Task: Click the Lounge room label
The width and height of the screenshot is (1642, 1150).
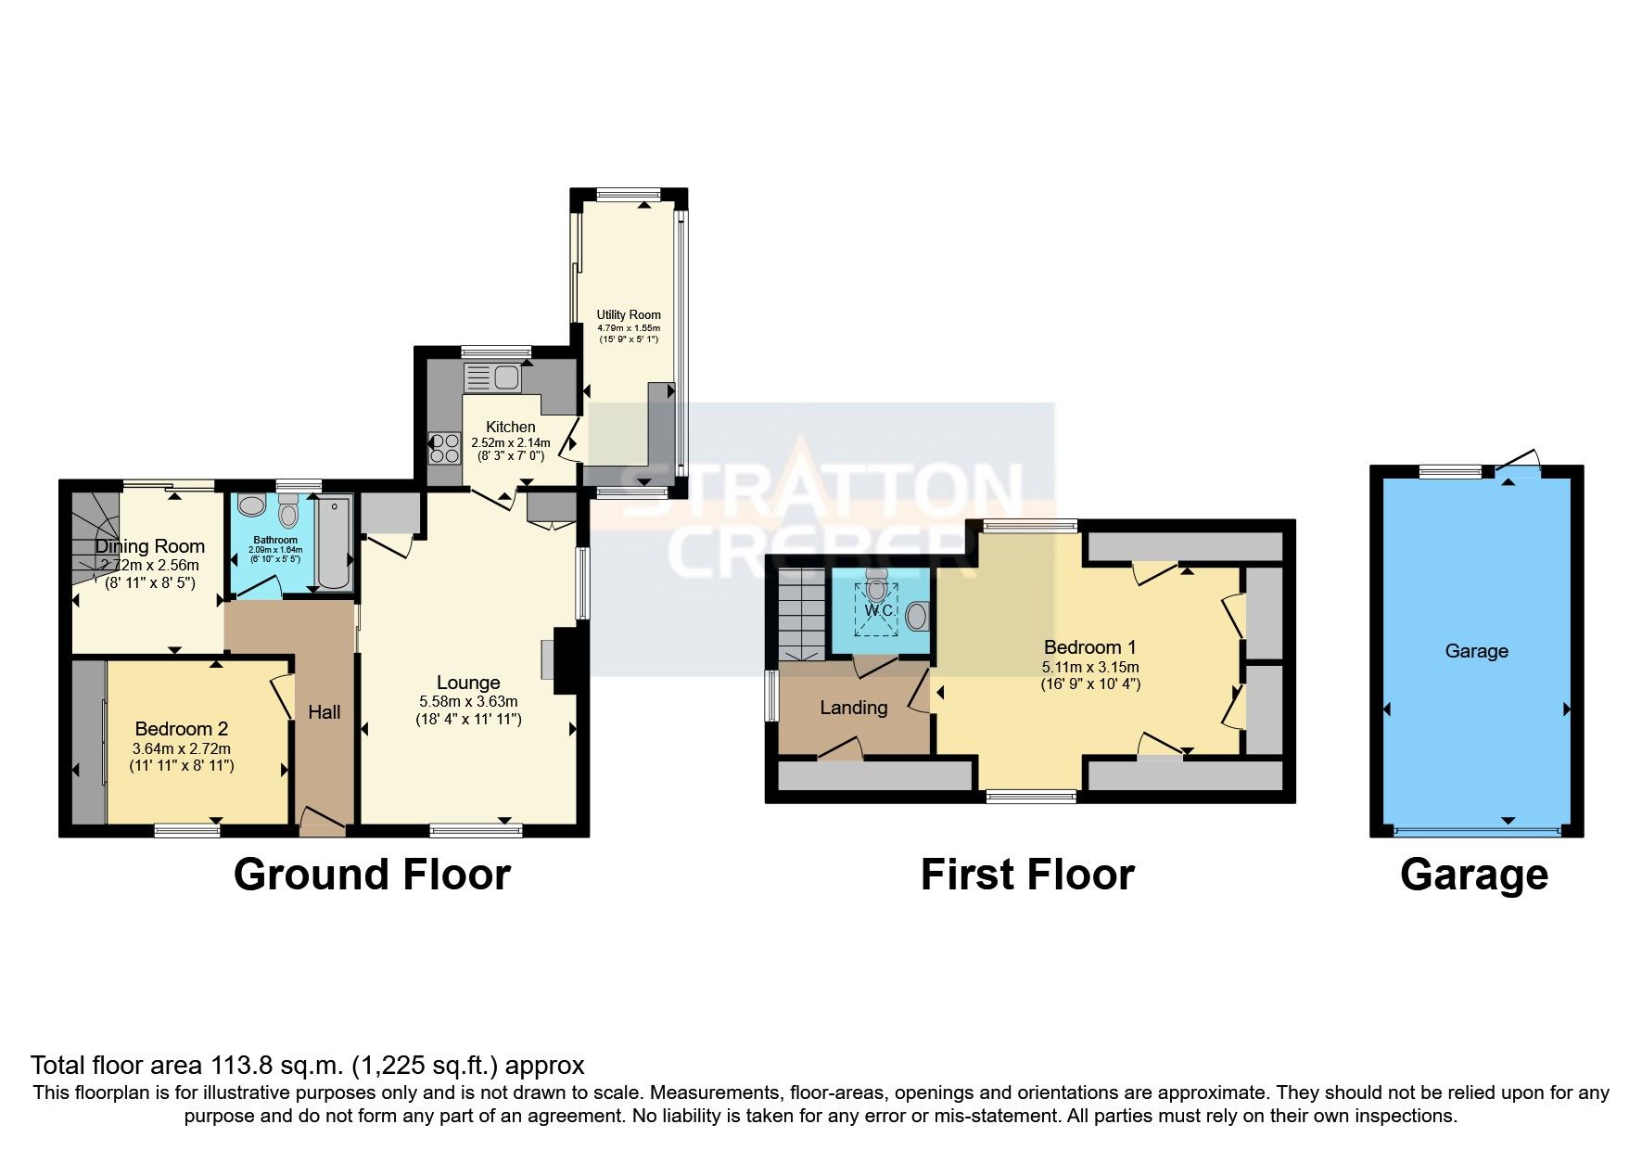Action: [468, 684]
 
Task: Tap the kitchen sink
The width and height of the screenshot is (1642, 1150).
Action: [506, 378]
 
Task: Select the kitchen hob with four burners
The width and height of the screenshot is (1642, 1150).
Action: [444, 448]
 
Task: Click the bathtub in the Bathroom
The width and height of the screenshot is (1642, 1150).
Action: [334, 543]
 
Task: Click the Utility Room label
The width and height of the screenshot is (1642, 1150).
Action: [629, 315]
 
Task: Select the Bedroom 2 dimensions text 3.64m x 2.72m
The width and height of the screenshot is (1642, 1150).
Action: [182, 748]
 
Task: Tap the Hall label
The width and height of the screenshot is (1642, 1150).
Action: [325, 712]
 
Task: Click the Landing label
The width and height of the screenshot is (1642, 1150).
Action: [853, 708]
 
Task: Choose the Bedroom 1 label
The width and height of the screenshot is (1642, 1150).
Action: [1089, 647]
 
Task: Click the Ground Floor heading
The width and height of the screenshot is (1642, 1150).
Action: [372, 875]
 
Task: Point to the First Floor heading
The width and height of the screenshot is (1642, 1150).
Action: [1027, 875]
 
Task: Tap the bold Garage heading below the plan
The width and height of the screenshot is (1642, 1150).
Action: [1473, 875]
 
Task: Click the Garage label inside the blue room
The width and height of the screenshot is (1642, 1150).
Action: [1476, 651]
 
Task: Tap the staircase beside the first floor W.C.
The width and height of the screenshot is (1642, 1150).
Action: [801, 612]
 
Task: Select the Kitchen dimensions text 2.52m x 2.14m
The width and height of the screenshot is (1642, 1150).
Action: [510, 442]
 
